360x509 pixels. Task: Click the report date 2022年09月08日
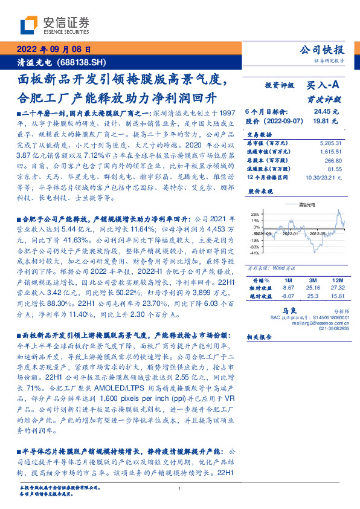[54, 50]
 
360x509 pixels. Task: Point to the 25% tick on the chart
[255, 214]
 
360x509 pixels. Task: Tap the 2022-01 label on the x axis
[289, 233]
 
